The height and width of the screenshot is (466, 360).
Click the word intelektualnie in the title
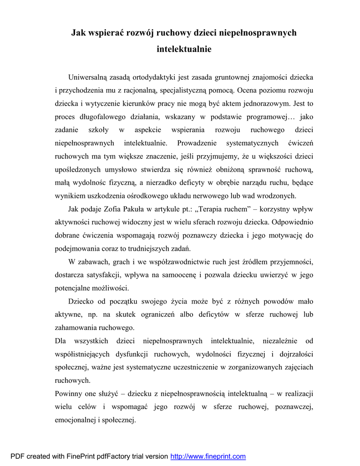coord(184,49)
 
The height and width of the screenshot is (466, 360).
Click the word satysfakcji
coord(103,275)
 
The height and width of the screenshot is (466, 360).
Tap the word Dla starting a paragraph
coord(61,340)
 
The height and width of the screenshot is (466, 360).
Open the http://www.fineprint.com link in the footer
coord(208,456)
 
